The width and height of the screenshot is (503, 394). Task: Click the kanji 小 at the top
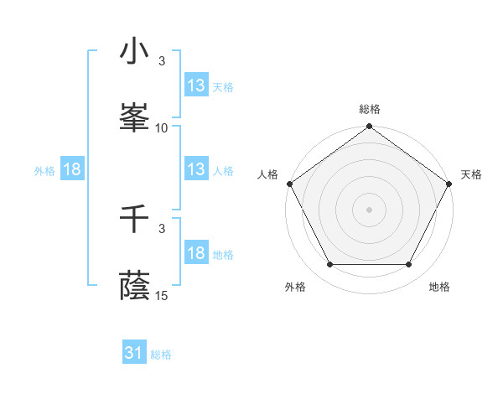(135, 52)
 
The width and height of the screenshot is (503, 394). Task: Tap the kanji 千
(135, 220)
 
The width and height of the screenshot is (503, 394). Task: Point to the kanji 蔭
(135, 285)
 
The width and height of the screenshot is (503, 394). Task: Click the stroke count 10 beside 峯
(162, 127)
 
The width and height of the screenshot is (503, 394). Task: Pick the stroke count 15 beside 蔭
(162, 295)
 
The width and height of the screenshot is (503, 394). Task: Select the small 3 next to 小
(162, 61)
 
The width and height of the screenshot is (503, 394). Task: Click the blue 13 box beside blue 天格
(196, 85)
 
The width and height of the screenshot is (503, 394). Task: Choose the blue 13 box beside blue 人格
(196, 168)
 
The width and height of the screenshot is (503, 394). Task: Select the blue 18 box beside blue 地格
(196, 254)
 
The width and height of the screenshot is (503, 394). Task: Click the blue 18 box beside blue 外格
(72, 169)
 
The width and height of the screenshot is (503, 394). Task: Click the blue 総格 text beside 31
(162, 355)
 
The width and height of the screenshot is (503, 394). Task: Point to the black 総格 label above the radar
(370, 109)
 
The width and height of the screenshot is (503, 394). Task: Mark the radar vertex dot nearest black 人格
(289, 184)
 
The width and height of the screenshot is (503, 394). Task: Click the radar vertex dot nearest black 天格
(450, 184)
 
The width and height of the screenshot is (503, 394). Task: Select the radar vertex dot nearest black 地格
(409, 265)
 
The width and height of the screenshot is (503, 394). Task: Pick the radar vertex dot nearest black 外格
(329, 265)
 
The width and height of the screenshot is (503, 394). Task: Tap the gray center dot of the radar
(370, 209)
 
